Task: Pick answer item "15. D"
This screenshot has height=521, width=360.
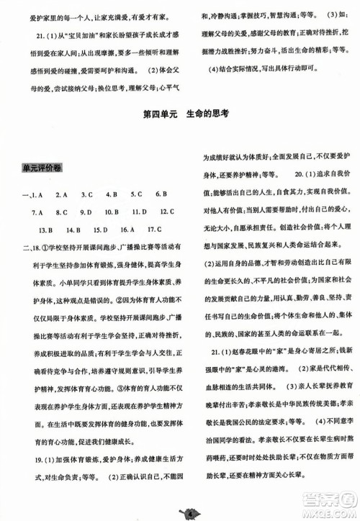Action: coord(99,230)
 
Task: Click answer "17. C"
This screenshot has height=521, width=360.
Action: coord(155,230)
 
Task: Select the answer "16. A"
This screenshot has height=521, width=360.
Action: coord(128,230)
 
